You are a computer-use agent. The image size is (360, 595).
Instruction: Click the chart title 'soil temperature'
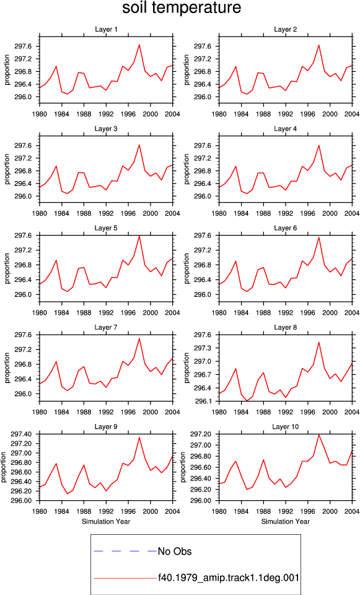pos(182,7)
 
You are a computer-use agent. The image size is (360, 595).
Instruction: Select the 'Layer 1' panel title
pos(106,30)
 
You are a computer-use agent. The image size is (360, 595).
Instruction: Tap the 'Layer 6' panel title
pos(285,228)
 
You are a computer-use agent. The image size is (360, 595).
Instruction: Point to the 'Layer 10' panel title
pos(285,427)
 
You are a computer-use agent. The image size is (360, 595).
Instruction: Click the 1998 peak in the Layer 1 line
pos(139,45)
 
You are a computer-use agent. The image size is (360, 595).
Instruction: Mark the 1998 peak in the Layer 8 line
pos(319,342)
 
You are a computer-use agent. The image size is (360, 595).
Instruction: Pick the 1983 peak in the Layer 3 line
pos(56,166)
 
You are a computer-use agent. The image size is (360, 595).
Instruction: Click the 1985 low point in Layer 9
pos(67,493)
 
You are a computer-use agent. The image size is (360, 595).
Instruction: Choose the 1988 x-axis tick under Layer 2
pos(263,114)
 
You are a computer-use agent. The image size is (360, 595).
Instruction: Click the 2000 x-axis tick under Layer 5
pos(151,312)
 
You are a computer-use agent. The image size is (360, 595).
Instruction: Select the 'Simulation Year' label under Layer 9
pos(106,521)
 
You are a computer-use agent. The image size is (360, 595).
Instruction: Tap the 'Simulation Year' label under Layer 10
pos(285,521)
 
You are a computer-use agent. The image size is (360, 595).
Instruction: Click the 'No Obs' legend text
pos(175,552)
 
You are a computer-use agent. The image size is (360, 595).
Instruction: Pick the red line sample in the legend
pos(125,578)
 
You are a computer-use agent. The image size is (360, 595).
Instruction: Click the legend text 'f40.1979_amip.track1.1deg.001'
pos(229,578)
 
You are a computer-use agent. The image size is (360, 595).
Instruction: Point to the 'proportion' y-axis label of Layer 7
pos(7,368)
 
